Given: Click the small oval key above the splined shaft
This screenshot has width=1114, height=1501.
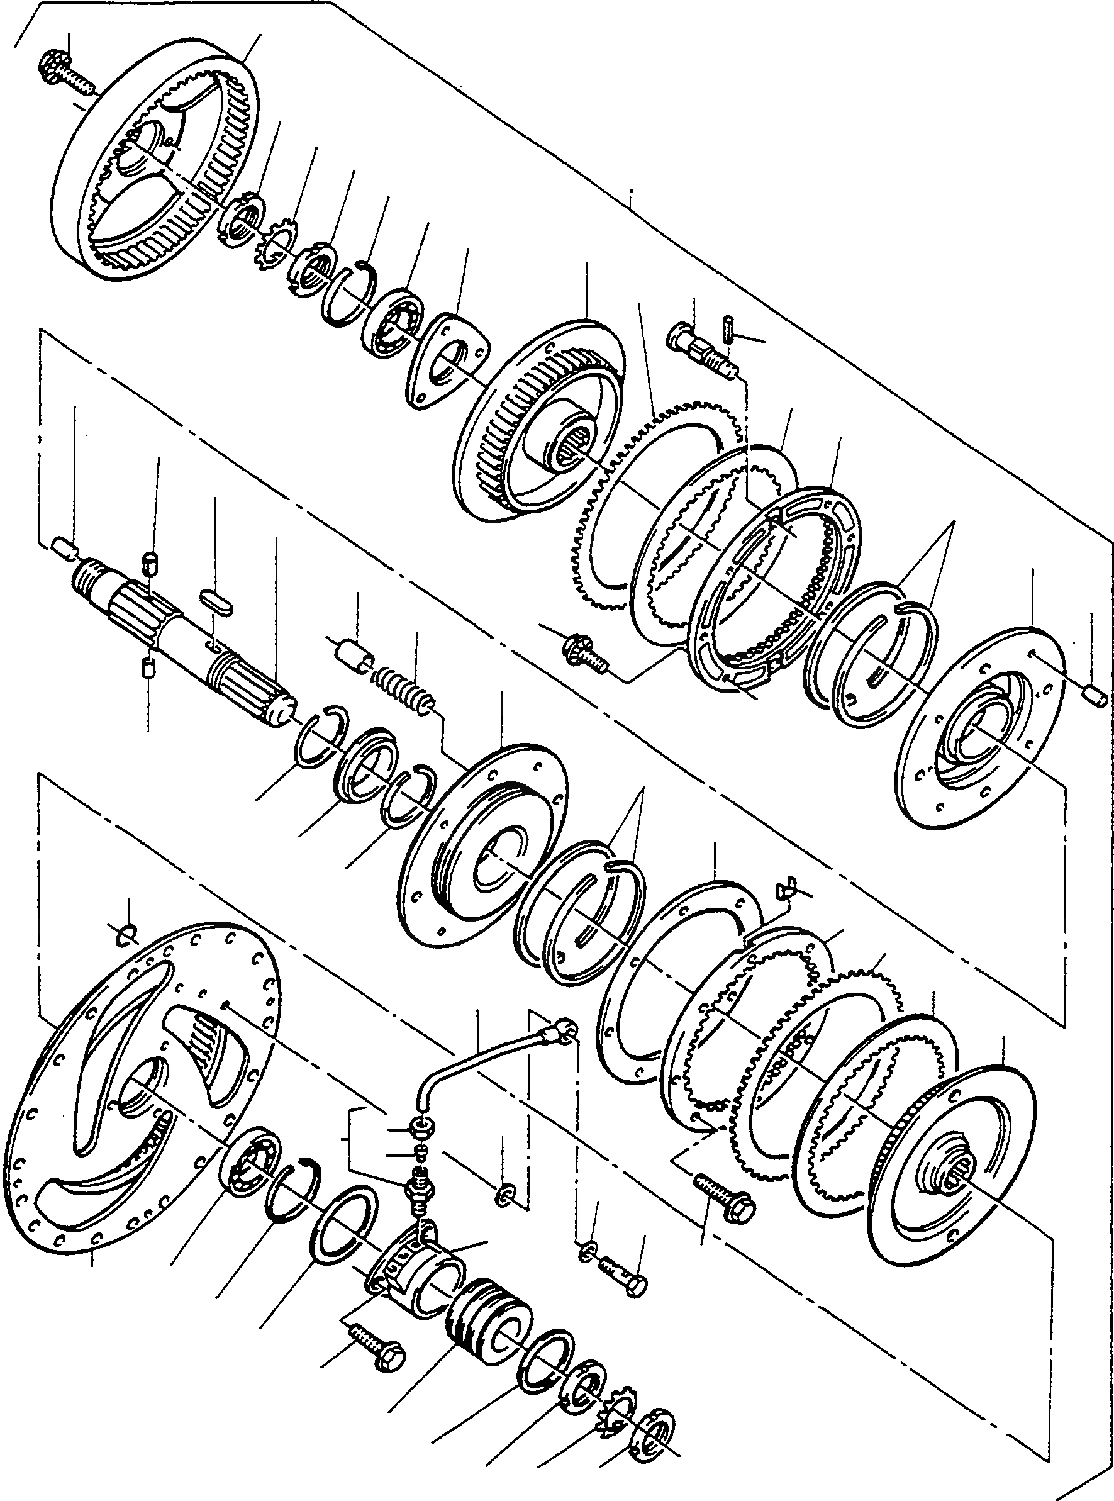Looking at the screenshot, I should point(217,600).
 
